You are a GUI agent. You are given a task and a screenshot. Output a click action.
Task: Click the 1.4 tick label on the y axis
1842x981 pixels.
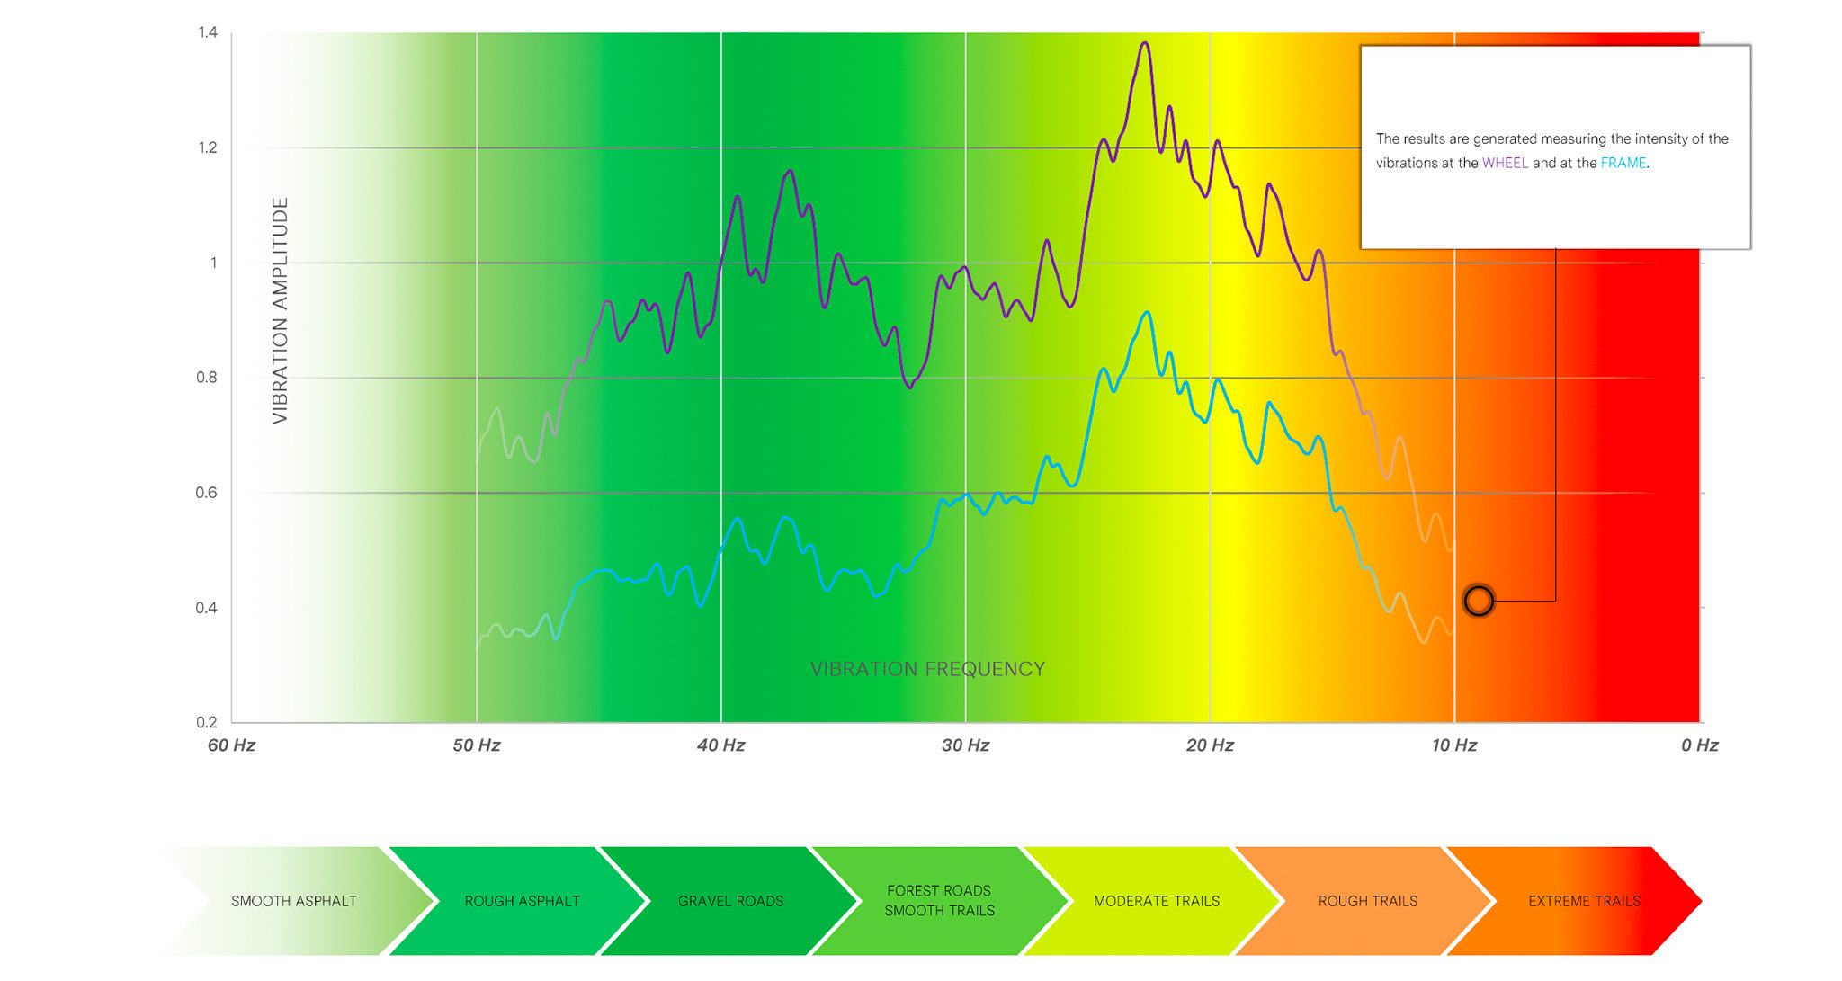click(208, 33)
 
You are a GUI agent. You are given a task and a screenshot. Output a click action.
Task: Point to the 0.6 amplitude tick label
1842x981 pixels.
click(207, 493)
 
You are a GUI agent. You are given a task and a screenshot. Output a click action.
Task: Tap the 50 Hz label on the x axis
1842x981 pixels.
click(477, 745)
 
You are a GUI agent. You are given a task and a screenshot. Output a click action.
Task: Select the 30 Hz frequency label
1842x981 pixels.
click(965, 745)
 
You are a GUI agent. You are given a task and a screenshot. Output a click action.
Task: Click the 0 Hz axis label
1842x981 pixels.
click(1699, 745)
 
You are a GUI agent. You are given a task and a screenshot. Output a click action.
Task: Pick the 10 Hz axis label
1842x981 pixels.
click(1454, 745)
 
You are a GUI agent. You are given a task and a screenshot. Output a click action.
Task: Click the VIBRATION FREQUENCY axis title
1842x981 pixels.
click(927, 669)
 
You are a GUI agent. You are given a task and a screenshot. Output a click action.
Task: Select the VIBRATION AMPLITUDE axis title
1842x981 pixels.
click(281, 310)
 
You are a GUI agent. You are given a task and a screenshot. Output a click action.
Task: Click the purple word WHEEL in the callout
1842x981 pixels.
click(1505, 163)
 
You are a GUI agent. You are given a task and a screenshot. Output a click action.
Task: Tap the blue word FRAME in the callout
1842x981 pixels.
click(1623, 163)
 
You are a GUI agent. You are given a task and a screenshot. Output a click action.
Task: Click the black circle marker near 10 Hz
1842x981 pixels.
click(1479, 601)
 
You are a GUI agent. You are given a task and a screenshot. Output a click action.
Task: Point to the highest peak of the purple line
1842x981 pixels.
click(1145, 43)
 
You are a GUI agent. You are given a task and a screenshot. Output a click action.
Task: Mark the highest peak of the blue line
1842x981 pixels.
click(1147, 313)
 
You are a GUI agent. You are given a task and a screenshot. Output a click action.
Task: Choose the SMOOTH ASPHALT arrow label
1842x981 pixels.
click(294, 901)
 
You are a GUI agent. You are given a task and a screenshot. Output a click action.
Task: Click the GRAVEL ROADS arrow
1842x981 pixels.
click(730, 901)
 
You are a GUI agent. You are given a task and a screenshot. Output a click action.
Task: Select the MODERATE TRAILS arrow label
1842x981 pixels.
click(1157, 901)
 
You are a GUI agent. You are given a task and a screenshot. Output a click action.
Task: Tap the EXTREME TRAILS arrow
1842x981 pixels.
click(1584, 901)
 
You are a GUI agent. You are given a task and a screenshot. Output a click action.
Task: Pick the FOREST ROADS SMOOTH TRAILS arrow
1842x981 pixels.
click(939, 901)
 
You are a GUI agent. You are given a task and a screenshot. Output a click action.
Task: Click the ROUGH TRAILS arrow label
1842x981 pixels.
click(1367, 901)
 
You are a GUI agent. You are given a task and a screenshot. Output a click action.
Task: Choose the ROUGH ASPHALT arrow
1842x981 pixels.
click(522, 901)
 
